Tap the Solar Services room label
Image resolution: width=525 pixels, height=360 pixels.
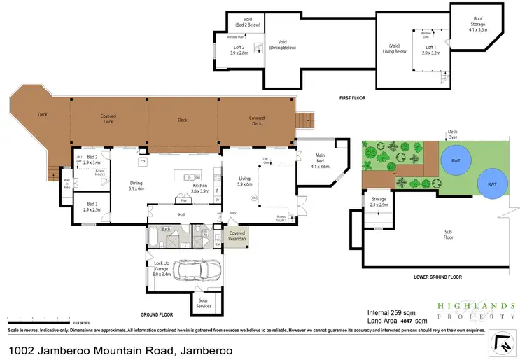tap(204, 304)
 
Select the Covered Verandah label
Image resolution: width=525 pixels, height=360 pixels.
tap(237, 237)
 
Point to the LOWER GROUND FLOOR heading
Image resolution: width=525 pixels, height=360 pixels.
tap(438, 277)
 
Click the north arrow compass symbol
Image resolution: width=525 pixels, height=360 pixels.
tap(502, 342)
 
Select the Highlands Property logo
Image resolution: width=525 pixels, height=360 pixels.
tap(476, 310)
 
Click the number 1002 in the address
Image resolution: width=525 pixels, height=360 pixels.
tap(21, 349)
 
